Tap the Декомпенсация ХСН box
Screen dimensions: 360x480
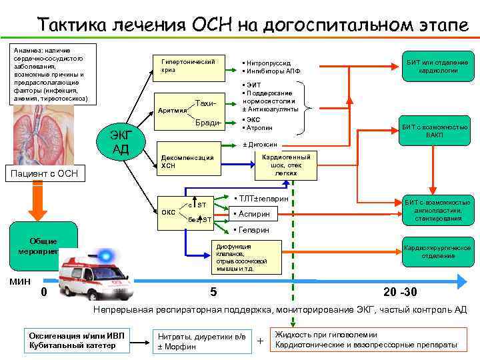click(x=187, y=162)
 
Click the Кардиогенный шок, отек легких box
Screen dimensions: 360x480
click(x=286, y=163)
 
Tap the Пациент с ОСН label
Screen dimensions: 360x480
click(x=51, y=175)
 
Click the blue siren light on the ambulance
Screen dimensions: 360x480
click(x=105, y=255)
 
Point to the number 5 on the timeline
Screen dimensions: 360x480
click(x=213, y=292)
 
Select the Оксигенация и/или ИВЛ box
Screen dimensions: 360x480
click(x=77, y=339)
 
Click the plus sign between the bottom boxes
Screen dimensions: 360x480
click(x=260, y=342)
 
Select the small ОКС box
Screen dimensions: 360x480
click(x=169, y=211)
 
